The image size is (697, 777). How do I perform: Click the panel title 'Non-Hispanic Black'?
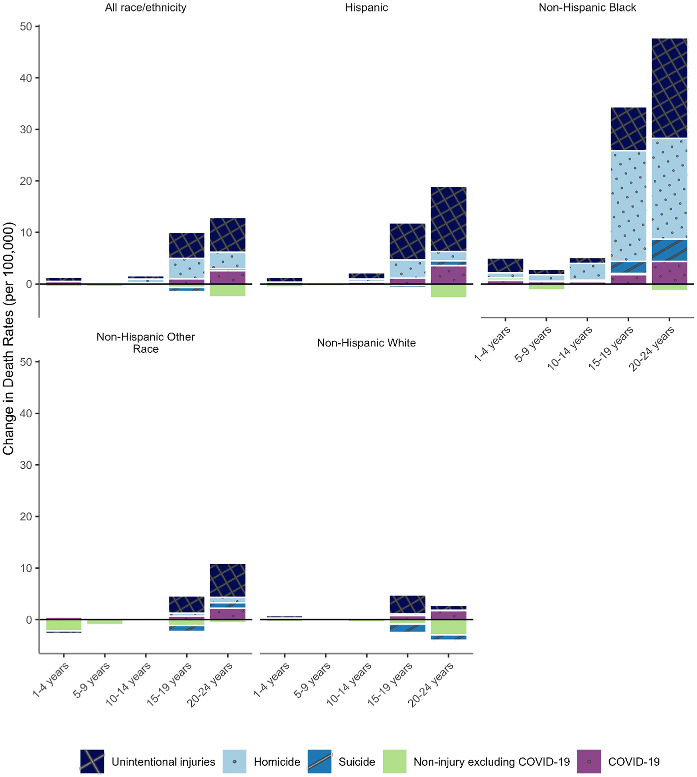[x=587, y=8]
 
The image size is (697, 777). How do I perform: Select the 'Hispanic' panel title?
[x=366, y=8]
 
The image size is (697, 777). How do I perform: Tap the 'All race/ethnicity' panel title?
[x=146, y=8]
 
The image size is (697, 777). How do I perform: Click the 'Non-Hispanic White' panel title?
[x=366, y=343]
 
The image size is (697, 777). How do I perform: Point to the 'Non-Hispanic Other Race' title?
[x=146, y=343]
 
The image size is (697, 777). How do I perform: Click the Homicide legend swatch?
[x=234, y=761]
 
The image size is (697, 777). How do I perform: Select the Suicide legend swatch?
[x=319, y=761]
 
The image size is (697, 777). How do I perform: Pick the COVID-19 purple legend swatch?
[x=589, y=761]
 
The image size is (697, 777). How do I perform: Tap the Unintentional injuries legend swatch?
[x=92, y=761]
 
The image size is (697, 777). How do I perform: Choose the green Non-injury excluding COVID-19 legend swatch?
[x=394, y=761]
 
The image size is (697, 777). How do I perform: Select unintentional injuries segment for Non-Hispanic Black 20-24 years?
[x=669, y=88]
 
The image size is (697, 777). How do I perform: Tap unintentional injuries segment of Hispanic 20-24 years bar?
[x=448, y=219]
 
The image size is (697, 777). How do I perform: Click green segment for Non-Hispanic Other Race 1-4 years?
[x=64, y=625]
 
